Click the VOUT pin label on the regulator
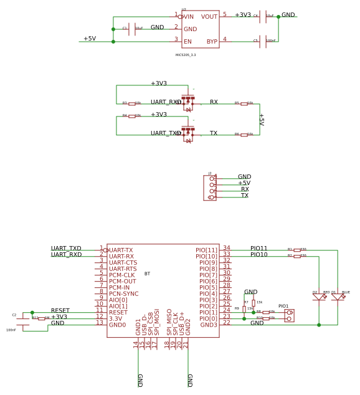pos(209,17)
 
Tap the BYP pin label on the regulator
pos(212,42)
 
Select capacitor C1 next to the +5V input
pos(131,29)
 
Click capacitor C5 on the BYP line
pos(263,42)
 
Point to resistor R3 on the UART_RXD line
pos(132,103)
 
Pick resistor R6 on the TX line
pos(244,135)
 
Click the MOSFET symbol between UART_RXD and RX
pos(188,102)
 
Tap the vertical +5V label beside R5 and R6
pos(261,119)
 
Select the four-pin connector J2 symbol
pos(210,188)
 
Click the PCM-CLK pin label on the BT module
pos(121,275)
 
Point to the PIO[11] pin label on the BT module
pos(206,250)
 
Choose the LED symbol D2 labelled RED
pos(319,297)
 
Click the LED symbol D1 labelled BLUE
pos(338,297)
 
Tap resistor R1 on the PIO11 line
pos(297,250)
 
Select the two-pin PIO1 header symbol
pos(289,315)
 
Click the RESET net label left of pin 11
pos(60,310)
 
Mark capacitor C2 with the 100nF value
pos(23,321)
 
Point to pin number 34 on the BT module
pos(226,248)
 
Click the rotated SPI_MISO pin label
pos(169,321)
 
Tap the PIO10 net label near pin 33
pos(258,254)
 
